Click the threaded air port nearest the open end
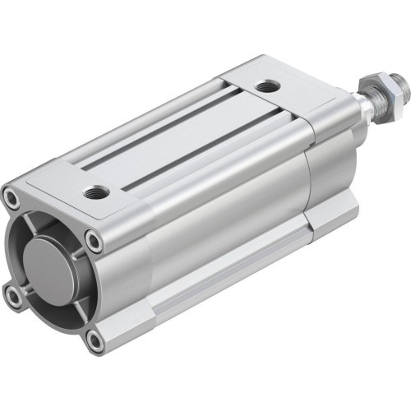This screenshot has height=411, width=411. [x=92, y=193]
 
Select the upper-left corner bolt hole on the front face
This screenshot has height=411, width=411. [x=11, y=197]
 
